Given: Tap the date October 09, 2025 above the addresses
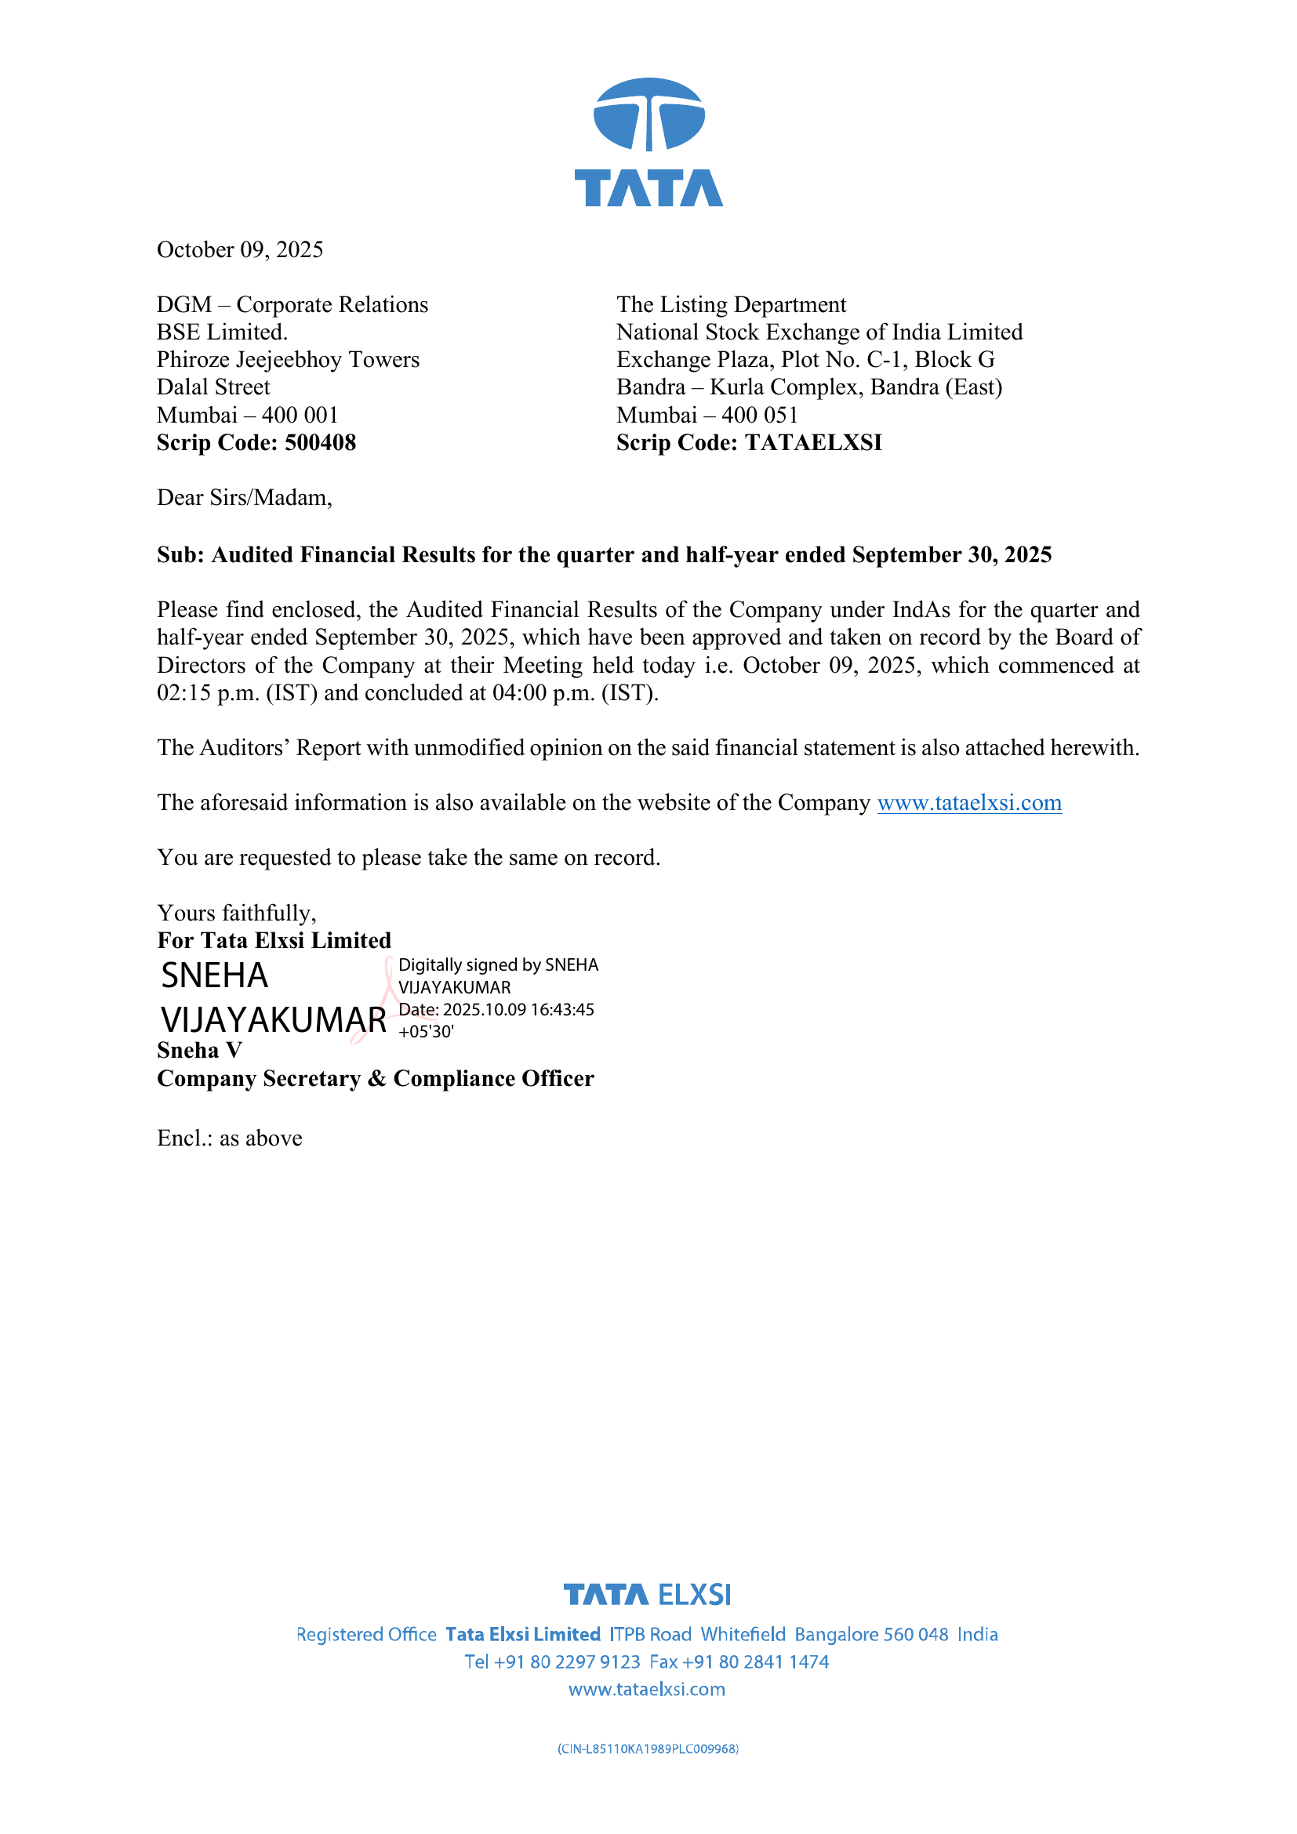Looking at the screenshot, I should (x=240, y=250).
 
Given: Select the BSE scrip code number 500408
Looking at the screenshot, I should (x=320, y=442).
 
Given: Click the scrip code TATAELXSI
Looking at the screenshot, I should (x=813, y=442).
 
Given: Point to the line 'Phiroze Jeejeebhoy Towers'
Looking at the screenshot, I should (x=288, y=359).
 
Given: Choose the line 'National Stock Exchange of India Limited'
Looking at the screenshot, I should (x=819, y=332).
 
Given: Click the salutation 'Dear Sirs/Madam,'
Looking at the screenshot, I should (x=245, y=498).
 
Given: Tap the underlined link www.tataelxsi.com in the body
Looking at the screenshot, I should (x=968, y=803).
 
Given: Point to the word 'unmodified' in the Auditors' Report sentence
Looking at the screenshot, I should (x=470, y=748).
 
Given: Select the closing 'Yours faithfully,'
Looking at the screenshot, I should (x=236, y=913).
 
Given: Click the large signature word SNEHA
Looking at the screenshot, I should (x=215, y=975).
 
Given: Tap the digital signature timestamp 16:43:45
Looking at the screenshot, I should (x=562, y=1010).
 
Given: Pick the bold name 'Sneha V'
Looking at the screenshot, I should (x=200, y=1051).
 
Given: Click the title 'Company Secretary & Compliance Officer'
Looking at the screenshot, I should (x=376, y=1078).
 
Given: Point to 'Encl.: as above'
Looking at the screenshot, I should (x=229, y=1139).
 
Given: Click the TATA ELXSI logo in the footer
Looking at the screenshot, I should (x=647, y=1595).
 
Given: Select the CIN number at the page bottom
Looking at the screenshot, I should (x=648, y=1749).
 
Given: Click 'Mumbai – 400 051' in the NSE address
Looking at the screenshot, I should (x=707, y=416).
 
